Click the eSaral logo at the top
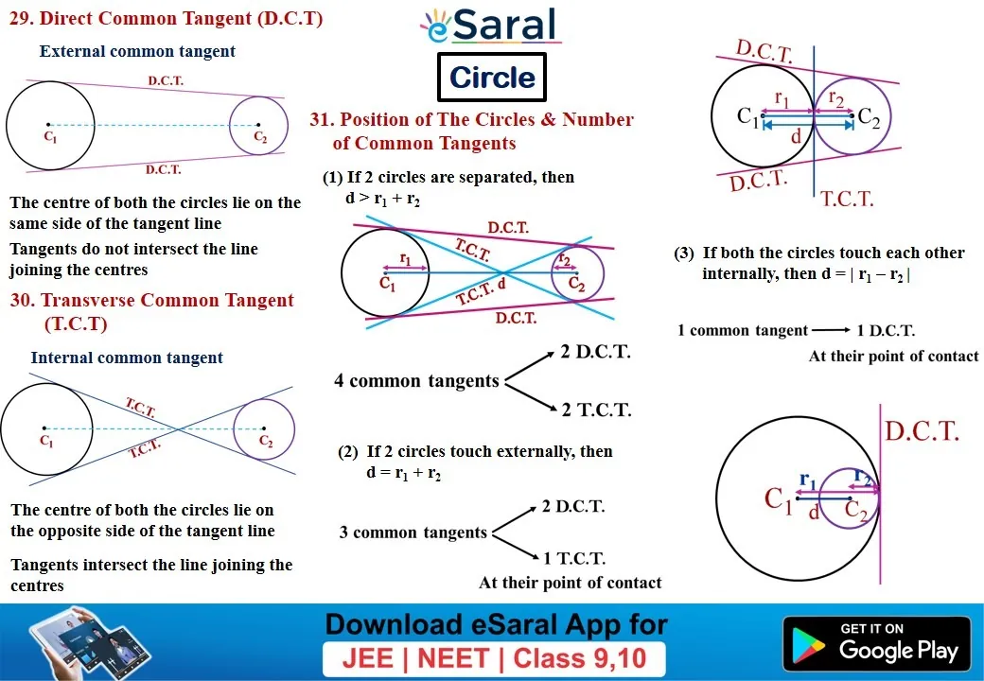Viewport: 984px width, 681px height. click(491, 26)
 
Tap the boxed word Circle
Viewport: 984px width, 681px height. click(492, 78)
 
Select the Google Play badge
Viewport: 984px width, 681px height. click(877, 644)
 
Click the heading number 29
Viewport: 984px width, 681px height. click(22, 18)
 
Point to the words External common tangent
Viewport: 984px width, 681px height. click(137, 51)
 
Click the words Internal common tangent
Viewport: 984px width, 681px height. click(127, 358)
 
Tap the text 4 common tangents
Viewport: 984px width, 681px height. click(416, 380)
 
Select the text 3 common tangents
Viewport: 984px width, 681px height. click(413, 533)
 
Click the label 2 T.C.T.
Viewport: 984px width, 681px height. click(596, 410)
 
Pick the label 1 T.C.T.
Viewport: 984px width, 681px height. click(574, 558)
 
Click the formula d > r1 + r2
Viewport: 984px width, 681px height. click(383, 200)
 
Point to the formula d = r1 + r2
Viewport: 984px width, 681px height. click(403, 473)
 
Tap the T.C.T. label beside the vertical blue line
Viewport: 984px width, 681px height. click(847, 200)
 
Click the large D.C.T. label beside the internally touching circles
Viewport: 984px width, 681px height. click(922, 431)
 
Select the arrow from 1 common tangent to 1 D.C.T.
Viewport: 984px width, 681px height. click(832, 330)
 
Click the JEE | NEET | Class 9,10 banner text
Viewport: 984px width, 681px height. click(494, 658)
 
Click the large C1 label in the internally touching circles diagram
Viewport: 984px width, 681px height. click(778, 499)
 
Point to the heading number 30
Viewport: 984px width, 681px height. click(23, 300)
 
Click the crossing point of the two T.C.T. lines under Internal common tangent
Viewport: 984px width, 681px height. click(179, 428)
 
